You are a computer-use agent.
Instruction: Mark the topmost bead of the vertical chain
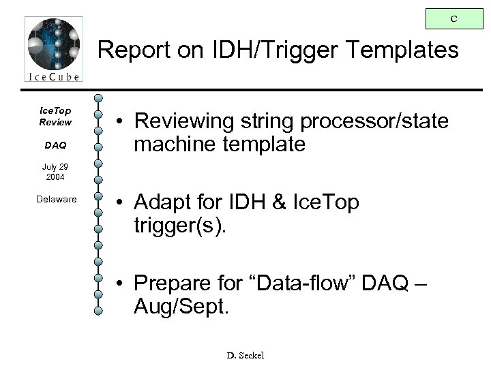tap(99, 99)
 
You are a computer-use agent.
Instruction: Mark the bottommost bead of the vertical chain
tap(99, 311)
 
